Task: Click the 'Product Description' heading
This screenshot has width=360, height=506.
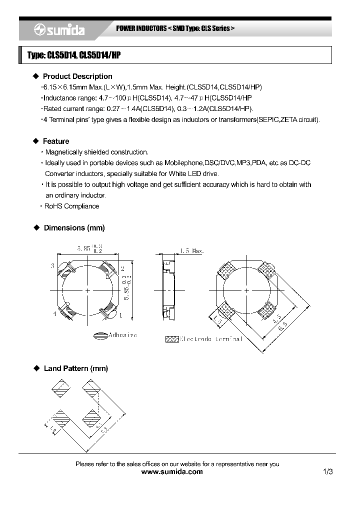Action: coord(77,76)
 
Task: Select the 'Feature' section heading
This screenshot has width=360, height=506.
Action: coord(56,141)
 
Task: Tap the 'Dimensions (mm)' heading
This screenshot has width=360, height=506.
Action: coord(74,228)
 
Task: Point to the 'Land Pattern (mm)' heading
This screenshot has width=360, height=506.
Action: coord(75,368)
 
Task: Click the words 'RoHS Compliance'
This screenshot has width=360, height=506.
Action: coord(71,206)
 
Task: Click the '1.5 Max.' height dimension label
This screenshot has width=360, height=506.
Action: coord(191,251)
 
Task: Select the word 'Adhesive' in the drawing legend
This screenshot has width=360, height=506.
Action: coord(123,335)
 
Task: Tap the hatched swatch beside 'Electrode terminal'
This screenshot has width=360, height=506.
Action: coord(171,338)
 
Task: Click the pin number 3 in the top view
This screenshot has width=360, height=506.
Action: coord(52,266)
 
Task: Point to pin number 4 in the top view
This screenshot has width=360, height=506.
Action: coord(54,314)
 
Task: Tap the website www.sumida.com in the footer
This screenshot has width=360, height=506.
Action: coord(172,472)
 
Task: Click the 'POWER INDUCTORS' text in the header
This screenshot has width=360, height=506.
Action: coord(141,29)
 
